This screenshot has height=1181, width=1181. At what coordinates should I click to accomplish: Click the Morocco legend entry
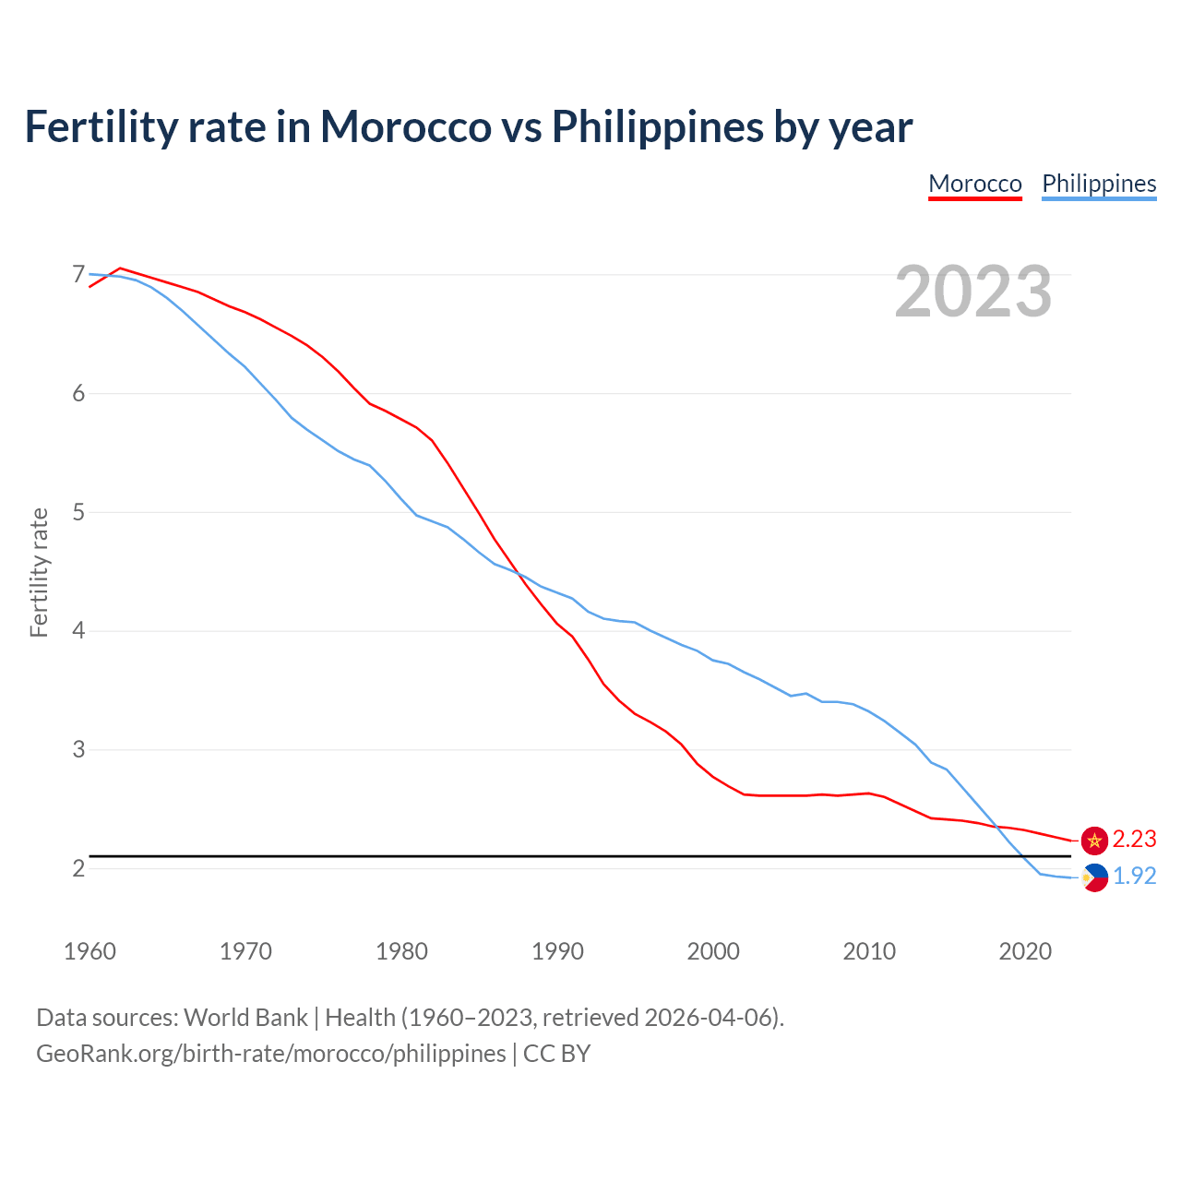(974, 184)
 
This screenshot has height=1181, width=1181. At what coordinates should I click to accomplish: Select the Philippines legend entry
(1098, 184)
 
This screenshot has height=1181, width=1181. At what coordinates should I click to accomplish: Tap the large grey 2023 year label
(972, 292)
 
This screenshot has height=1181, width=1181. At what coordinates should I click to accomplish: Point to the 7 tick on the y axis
(78, 275)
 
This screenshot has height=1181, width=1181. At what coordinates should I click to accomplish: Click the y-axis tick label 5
(78, 512)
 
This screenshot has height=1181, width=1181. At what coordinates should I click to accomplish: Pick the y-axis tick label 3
(78, 749)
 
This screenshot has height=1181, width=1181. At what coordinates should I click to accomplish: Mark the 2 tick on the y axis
(78, 868)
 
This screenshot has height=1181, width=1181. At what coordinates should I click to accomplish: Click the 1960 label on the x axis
(89, 951)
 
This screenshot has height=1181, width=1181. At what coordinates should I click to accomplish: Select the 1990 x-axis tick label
(557, 951)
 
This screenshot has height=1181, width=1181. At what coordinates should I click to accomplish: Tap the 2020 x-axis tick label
(1025, 951)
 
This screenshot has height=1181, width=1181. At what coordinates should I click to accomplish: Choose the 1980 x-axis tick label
(401, 951)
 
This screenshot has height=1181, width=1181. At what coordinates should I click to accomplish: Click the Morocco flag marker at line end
(1094, 840)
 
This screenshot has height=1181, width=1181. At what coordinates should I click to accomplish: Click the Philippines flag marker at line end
(1094, 877)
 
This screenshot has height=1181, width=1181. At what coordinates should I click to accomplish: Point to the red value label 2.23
(1134, 840)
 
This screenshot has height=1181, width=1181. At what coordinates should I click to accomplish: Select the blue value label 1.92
(1134, 877)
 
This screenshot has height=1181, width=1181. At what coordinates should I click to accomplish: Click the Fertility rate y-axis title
(39, 572)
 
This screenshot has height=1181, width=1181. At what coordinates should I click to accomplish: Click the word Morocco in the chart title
(405, 126)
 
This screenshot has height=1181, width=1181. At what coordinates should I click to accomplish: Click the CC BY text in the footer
(556, 1054)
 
